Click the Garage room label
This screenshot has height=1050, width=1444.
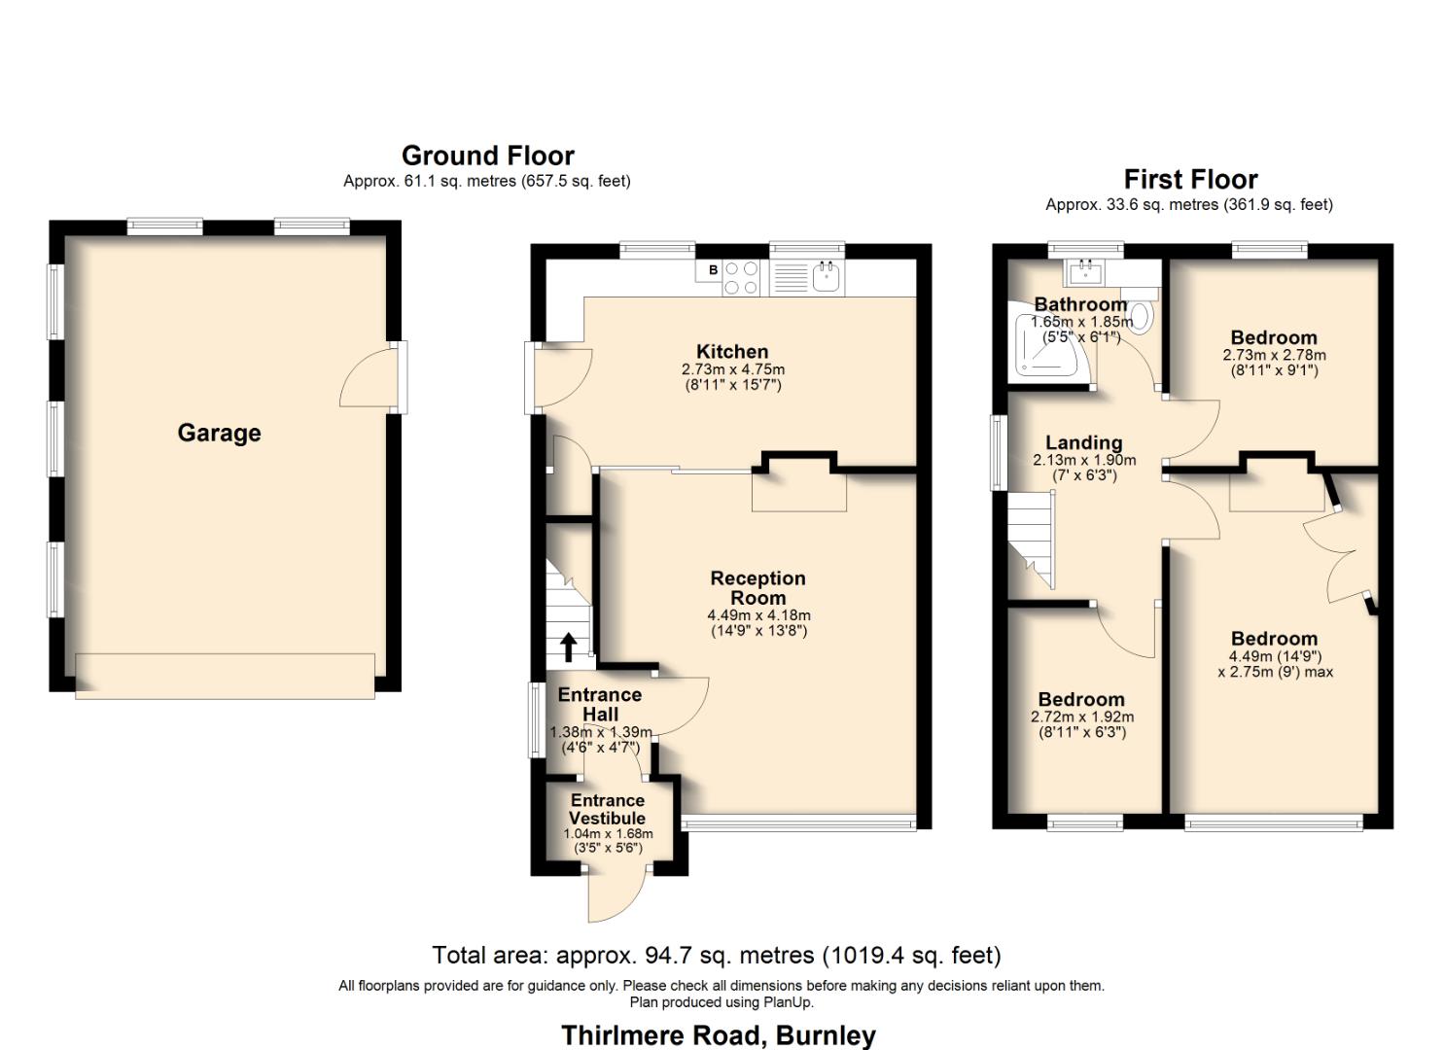219,434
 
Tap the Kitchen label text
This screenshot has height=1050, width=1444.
732,352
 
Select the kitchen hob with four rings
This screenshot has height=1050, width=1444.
744,278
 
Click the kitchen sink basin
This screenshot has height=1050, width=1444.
828,279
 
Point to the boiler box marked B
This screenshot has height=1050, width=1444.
713,270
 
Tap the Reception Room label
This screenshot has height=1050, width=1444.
757,587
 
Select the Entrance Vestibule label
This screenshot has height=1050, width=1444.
607,809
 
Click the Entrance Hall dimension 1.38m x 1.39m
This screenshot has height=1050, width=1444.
601,732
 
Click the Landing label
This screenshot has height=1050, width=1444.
1083,443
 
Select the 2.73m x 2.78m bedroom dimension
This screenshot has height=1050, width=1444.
1274,356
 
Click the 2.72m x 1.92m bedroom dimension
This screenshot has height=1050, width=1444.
1082,717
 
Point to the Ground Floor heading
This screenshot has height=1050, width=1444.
487,156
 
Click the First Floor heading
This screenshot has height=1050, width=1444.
1190,179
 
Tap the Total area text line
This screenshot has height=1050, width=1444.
716,955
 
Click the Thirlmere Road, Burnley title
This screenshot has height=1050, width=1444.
719,1034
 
